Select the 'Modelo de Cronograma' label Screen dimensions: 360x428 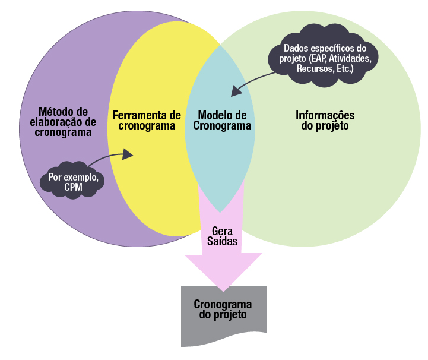click(222, 120)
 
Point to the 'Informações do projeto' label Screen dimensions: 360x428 click(325, 120)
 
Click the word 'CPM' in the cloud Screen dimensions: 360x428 click(73, 188)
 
